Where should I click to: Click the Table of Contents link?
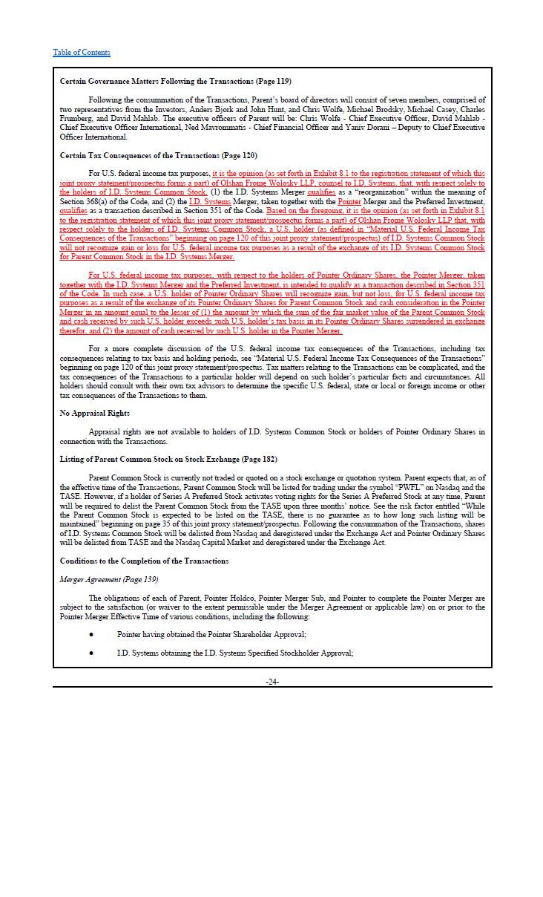(x=82, y=52)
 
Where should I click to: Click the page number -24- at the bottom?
(x=272, y=682)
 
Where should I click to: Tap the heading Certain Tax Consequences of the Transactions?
(x=158, y=156)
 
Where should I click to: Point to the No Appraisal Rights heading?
(x=94, y=413)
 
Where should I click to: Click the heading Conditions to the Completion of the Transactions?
(x=144, y=561)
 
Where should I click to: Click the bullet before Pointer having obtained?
(x=91, y=635)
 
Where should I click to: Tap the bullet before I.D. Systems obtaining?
(x=91, y=653)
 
